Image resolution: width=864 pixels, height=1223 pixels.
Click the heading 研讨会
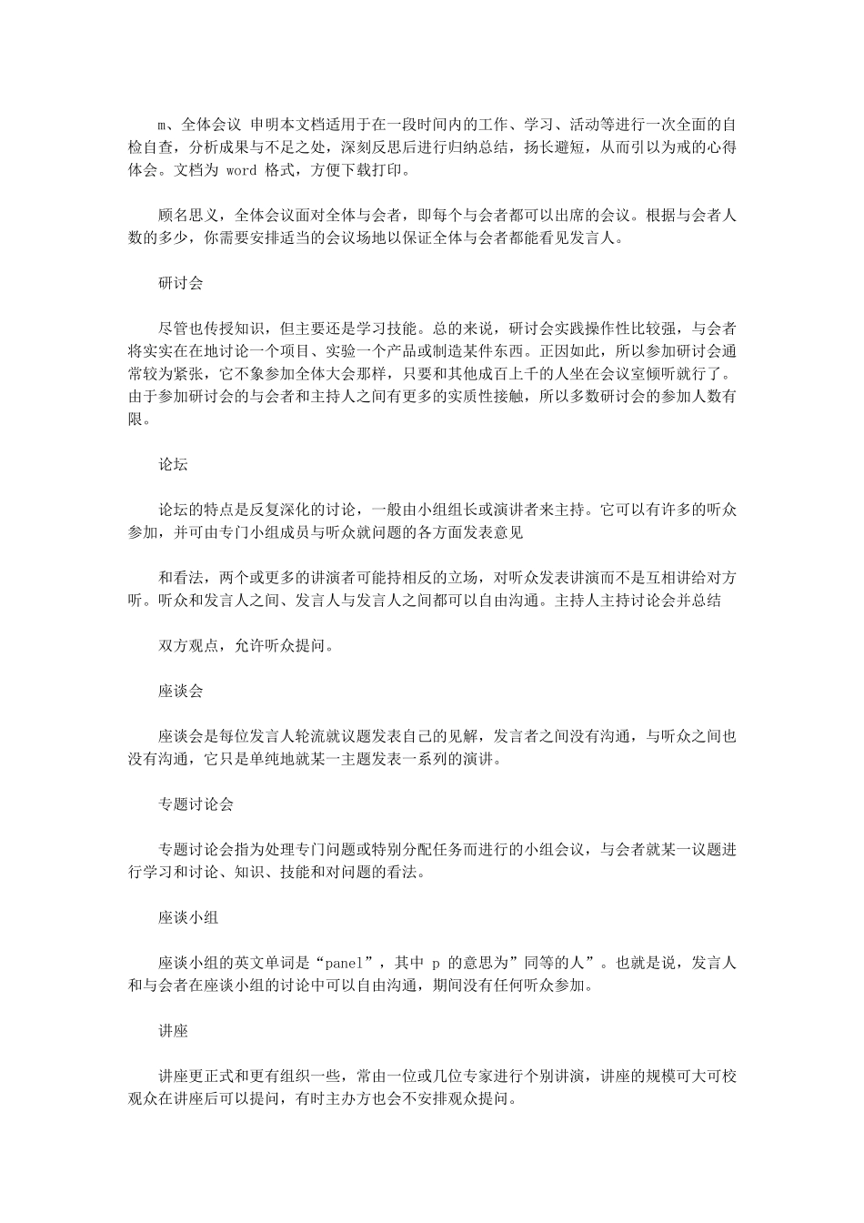click(x=180, y=283)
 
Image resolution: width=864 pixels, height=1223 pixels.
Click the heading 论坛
click(x=173, y=464)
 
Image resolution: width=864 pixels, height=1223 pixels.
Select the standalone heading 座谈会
click(x=180, y=691)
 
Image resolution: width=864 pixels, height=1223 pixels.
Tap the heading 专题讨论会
click(x=196, y=804)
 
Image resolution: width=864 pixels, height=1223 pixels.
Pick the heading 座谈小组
click(x=188, y=917)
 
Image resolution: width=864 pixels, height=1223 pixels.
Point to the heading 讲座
click(x=173, y=1031)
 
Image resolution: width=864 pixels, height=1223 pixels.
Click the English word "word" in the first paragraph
click(x=241, y=170)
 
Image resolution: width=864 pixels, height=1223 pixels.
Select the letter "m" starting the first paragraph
click(x=164, y=125)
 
